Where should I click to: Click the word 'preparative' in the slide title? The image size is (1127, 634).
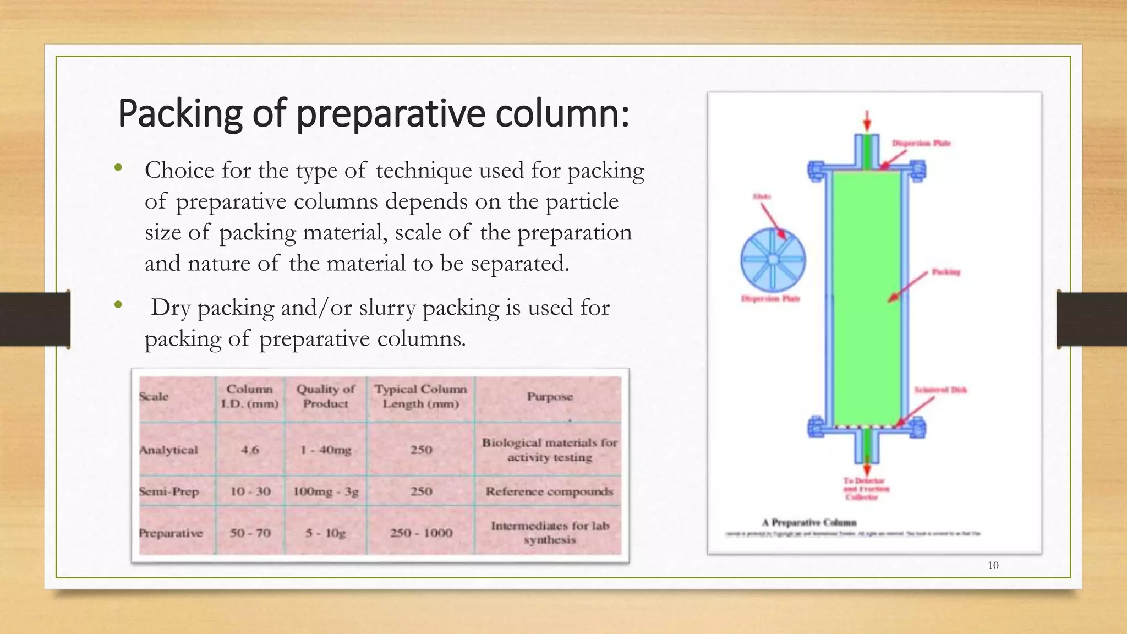point(391,114)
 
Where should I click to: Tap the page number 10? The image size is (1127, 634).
point(993,565)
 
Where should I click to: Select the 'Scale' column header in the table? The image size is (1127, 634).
point(154,397)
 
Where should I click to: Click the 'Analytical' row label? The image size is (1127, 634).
point(168,450)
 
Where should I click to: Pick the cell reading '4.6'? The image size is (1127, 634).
point(250,450)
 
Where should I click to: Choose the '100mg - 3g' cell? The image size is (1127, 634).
point(325,491)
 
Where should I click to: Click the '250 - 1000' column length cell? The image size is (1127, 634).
point(421,533)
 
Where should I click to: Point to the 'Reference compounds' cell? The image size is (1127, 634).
point(549,491)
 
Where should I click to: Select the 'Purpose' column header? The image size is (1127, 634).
point(550,397)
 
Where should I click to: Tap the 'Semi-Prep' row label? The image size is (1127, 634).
point(169,491)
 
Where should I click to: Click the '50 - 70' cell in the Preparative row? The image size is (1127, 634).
point(250,533)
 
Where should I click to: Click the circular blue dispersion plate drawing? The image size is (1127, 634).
point(773,260)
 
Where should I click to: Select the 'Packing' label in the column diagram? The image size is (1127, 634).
point(945,272)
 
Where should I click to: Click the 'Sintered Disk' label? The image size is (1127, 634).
point(940,390)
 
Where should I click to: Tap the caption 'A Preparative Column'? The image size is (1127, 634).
point(809,522)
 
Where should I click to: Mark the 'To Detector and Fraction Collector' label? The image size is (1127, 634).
point(866,489)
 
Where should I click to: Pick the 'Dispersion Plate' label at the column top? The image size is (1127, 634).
point(921,143)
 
